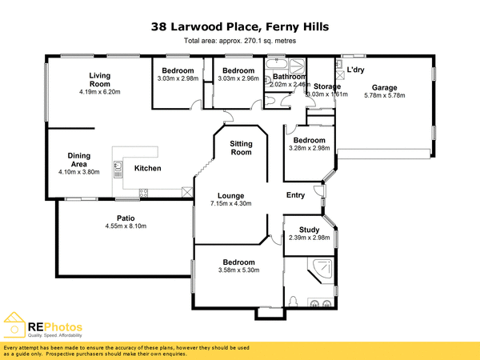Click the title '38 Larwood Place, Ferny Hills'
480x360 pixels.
click(x=239, y=26)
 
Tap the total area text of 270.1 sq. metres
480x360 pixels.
click(x=239, y=40)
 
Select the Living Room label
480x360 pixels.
click(x=99, y=79)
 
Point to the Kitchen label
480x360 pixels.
click(x=147, y=168)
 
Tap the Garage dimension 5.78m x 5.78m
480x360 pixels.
click(x=384, y=95)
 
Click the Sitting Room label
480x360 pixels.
click(x=241, y=149)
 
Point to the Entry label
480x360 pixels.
click(x=296, y=194)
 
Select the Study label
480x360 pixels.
click(x=308, y=230)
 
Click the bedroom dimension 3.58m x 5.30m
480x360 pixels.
click(x=238, y=270)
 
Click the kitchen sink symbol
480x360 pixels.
click(x=118, y=168)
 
